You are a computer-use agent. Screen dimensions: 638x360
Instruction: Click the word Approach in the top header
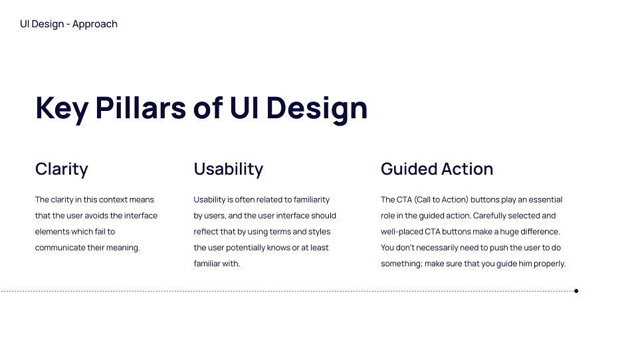[95, 25]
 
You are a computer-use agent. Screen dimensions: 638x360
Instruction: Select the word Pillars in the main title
[141, 108]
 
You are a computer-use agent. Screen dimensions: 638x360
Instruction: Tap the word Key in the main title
[62, 109]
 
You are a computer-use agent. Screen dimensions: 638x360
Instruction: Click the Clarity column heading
[61, 169]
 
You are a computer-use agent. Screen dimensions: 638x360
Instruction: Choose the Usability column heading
[228, 169]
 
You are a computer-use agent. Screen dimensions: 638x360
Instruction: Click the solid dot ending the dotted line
[576, 291]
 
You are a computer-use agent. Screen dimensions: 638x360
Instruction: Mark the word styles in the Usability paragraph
[319, 232]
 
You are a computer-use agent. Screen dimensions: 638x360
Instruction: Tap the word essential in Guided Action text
[544, 200]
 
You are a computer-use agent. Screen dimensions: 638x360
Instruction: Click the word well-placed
[401, 232]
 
